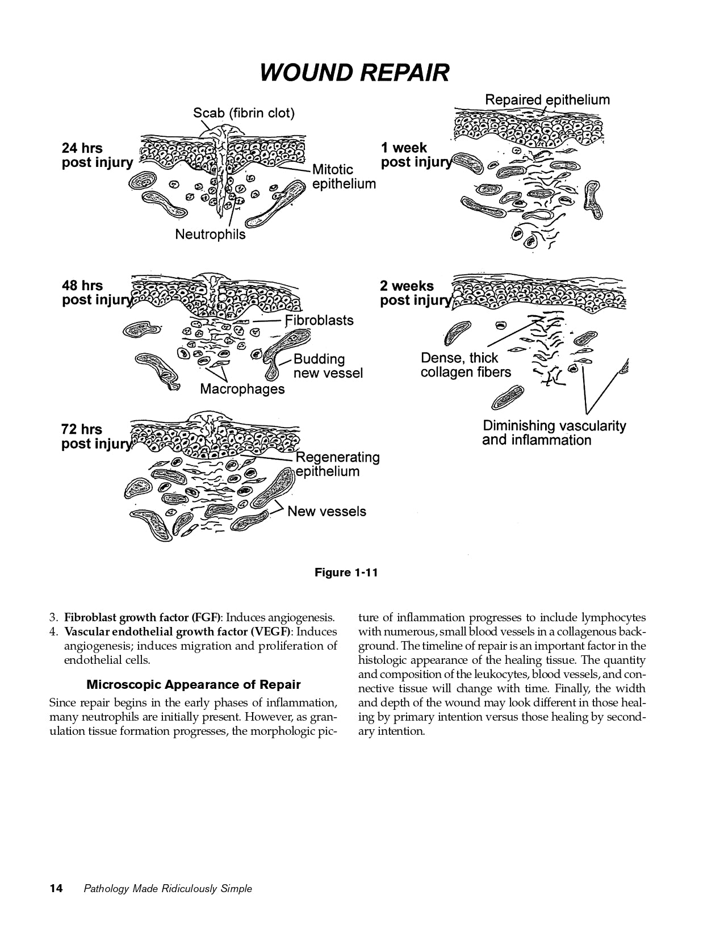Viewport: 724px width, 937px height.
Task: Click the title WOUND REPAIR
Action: [x=354, y=73]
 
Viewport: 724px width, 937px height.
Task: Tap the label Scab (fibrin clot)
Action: [x=244, y=113]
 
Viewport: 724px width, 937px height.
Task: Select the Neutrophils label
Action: [x=210, y=235]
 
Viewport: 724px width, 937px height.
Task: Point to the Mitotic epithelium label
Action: [x=344, y=177]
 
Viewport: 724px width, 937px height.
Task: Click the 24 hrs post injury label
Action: [x=97, y=156]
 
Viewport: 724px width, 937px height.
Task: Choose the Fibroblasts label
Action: [x=319, y=320]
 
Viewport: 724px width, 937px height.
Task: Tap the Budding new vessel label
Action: [x=328, y=366]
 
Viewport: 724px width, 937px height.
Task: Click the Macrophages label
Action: [x=242, y=390]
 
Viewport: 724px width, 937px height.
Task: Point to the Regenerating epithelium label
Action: [x=337, y=465]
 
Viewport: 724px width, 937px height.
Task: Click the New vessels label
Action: [x=327, y=512]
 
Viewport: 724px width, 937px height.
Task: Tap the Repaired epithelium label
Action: [x=547, y=100]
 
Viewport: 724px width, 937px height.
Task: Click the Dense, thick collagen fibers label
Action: [x=466, y=365]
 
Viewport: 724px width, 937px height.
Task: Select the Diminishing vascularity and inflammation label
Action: [x=554, y=433]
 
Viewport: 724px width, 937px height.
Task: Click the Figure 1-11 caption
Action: [x=346, y=572]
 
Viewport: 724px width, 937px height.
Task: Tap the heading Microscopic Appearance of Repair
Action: [x=193, y=684]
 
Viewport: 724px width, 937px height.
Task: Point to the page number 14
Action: [x=56, y=888]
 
